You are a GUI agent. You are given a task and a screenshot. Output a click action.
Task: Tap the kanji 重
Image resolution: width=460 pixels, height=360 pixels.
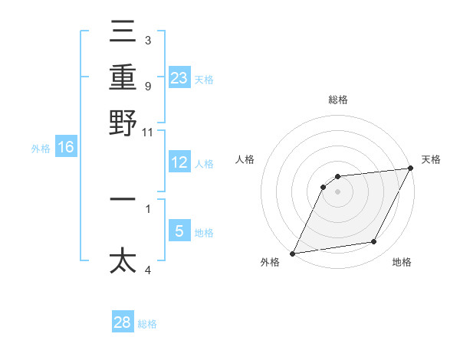coord(123,77)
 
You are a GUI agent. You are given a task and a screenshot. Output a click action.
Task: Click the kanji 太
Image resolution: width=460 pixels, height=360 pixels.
coord(123,260)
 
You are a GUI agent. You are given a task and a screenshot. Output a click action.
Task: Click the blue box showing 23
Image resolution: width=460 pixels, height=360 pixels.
coord(179,78)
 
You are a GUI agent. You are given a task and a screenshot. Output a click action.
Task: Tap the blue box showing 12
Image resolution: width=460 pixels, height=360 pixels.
coord(179,162)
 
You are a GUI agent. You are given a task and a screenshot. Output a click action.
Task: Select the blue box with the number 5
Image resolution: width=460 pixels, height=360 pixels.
coord(179,231)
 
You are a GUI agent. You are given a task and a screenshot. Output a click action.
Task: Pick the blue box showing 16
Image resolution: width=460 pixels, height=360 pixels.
coord(66,147)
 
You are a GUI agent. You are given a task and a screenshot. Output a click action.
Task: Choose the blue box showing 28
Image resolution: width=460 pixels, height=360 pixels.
coord(123,322)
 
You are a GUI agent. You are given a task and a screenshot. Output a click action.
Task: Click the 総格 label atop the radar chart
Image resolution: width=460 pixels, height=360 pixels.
coord(338,100)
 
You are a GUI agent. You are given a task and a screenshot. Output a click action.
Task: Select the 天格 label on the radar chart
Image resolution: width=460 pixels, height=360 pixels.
coord(431,159)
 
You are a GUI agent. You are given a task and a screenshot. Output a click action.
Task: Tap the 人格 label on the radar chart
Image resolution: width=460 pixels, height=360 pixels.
coord(245,159)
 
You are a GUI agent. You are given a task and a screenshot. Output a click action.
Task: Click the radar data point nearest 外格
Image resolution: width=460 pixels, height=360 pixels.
coord(292,254)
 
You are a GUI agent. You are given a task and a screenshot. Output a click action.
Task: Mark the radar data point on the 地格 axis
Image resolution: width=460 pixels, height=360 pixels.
coord(374,242)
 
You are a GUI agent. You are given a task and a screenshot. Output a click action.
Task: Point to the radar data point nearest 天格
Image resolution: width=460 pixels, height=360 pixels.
coord(412,169)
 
